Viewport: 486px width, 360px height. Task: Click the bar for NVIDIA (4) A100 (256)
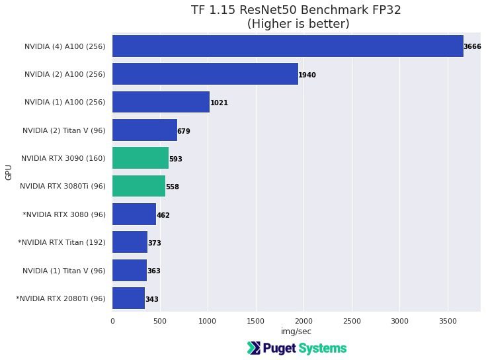coord(288,46)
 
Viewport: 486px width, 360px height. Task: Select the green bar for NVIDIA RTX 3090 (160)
coord(140,159)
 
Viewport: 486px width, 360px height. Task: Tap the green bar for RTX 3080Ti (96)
coord(139,187)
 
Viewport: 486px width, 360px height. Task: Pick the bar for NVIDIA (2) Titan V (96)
coord(145,131)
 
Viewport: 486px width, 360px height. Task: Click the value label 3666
coord(472,47)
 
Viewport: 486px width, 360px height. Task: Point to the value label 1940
coord(307,75)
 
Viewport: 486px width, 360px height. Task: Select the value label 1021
coord(219,103)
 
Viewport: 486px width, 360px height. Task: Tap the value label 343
coord(151,299)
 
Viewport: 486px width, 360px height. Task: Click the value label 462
coord(163,215)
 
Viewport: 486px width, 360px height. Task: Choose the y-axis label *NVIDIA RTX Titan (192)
coord(61,243)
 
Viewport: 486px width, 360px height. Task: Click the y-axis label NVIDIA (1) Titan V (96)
coord(63,271)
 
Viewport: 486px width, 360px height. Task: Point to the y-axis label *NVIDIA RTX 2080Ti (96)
coord(60,299)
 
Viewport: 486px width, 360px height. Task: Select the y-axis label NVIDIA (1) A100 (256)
coord(65,103)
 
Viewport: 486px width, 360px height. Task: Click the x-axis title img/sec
coord(296,331)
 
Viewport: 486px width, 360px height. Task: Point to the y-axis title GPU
coord(9,173)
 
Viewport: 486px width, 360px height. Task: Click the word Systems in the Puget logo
coord(322,348)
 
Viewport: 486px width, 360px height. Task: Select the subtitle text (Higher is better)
coord(296,24)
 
